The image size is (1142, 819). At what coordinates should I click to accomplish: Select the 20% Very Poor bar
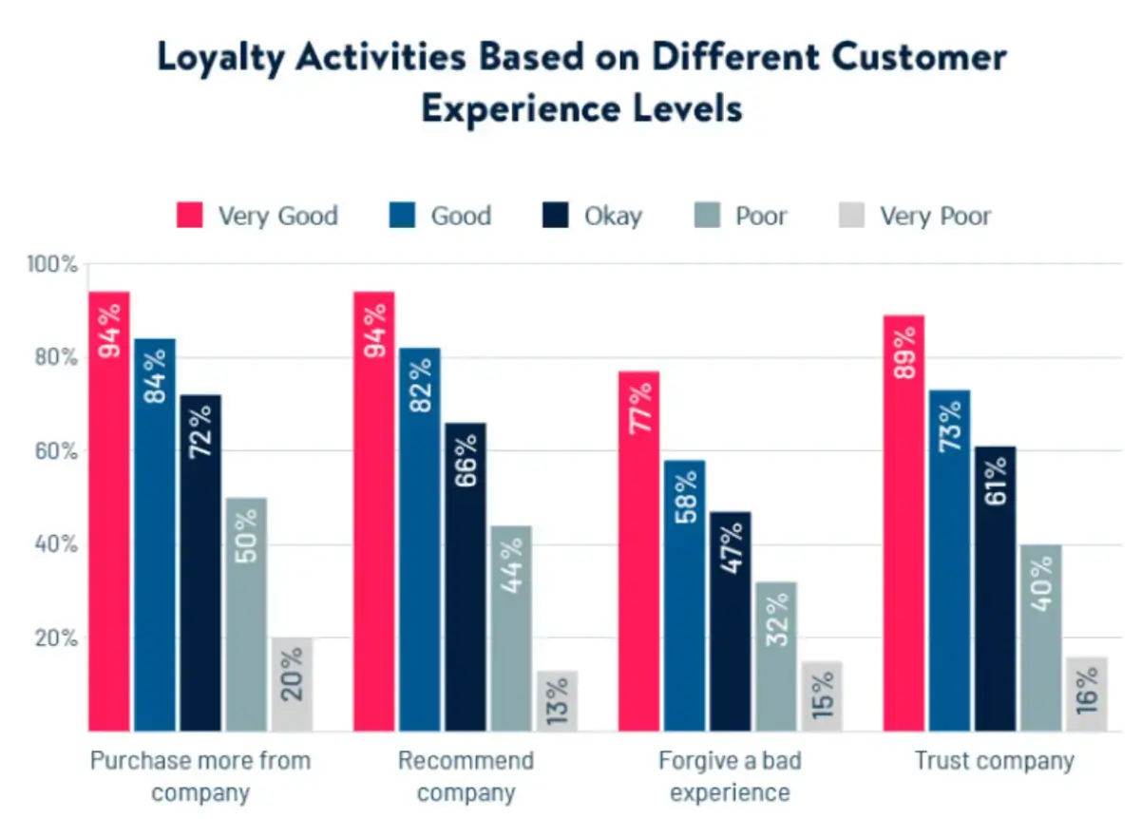tap(292, 684)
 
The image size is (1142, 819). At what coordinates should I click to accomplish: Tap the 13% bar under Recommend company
tap(557, 701)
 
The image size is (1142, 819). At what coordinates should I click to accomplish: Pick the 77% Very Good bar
tap(639, 551)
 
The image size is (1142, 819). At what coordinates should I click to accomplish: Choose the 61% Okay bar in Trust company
tap(995, 588)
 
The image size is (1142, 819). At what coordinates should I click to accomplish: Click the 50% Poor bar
tap(246, 614)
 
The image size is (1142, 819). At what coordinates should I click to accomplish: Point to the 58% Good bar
tap(685, 595)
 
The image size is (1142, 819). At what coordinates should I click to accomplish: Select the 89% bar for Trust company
tap(904, 523)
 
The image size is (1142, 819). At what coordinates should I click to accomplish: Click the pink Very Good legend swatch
tap(190, 216)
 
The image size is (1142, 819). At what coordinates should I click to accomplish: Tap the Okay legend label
tap(613, 216)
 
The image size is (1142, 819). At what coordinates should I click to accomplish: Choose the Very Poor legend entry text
tap(935, 216)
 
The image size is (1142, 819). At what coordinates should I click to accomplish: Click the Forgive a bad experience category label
tap(729, 776)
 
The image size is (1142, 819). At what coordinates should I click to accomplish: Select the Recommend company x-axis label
tap(466, 776)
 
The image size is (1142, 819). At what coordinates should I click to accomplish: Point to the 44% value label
tap(511, 566)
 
